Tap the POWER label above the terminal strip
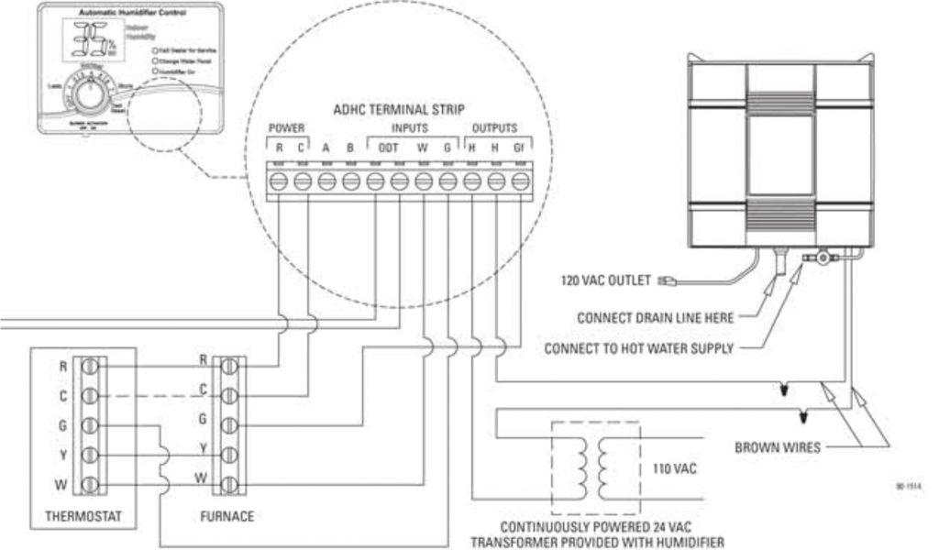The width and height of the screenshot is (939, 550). click(286, 127)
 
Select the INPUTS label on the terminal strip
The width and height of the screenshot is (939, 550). click(409, 127)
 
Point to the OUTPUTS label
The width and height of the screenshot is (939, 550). click(494, 127)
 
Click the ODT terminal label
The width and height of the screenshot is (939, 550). click(388, 148)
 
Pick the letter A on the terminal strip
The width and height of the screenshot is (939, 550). click(326, 148)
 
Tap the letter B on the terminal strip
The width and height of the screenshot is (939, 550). click(350, 148)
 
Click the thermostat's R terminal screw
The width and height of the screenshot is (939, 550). click(90, 367)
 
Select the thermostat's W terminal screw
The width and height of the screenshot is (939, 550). click(90, 483)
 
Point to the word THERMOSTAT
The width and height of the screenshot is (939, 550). click(83, 516)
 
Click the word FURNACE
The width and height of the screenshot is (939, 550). click(226, 516)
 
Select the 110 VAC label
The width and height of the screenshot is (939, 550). click(674, 468)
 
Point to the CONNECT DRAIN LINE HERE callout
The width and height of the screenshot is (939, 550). click(656, 318)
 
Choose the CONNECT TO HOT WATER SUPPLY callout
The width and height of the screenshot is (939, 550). click(639, 348)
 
